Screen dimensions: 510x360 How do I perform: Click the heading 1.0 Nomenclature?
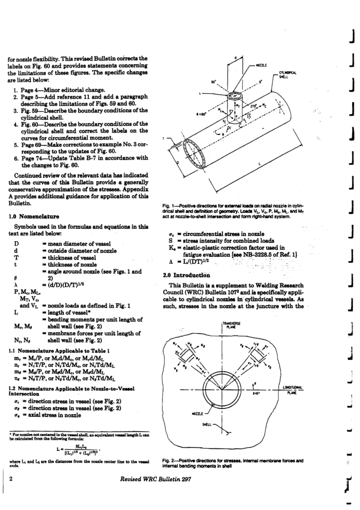(34, 217)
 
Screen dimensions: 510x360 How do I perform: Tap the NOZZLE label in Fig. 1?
(261, 65)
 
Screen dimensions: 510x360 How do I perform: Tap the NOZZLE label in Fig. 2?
(197, 414)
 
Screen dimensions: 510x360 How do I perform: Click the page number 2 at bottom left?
(11, 479)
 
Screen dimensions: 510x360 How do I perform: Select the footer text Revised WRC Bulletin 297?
(155, 479)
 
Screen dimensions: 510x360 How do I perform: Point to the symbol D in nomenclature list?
(16, 244)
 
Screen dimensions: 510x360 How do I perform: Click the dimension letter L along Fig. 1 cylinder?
(259, 164)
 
